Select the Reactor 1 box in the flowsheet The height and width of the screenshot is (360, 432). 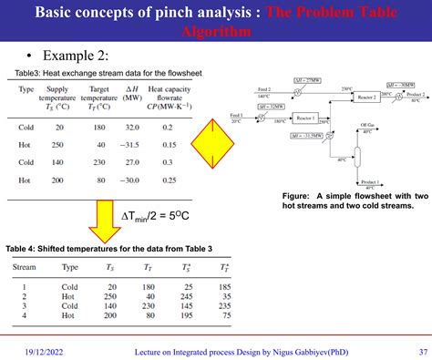[304, 118]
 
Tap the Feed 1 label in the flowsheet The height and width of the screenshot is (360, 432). [237, 116]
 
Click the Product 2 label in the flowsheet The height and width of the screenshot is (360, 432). [416, 94]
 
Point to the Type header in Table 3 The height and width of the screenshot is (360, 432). [26, 88]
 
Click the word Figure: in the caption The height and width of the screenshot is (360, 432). [298, 196]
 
